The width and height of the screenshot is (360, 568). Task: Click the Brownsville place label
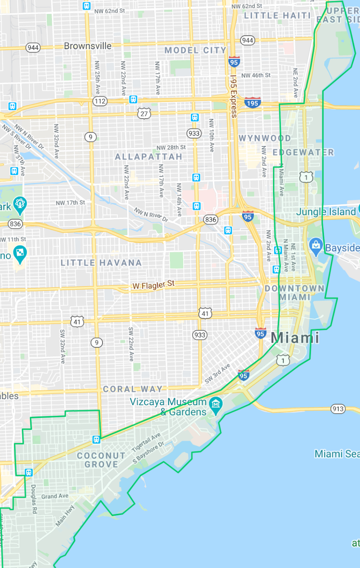(88, 46)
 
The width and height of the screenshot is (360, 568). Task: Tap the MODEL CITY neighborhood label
(195, 51)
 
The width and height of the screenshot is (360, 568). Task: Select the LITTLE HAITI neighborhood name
(277, 16)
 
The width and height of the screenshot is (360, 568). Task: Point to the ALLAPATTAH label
(149, 157)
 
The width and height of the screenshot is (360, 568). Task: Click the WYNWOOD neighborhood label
(265, 138)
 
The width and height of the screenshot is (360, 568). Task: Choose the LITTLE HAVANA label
(101, 263)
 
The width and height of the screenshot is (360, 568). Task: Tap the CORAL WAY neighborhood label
(133, 389)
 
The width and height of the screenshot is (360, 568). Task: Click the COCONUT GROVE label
(101, 460)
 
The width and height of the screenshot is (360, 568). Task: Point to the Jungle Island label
(326, 212)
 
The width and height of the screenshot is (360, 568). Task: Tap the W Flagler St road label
(153, 285)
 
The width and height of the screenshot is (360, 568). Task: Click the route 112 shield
(100, 101)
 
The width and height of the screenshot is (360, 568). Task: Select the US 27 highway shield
(144, 114)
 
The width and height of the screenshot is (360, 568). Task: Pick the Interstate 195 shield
(252, 103)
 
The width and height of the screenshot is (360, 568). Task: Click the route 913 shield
(338, 409)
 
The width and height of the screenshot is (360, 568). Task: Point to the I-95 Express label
(233, 96)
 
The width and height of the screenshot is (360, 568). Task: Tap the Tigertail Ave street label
(146, 442)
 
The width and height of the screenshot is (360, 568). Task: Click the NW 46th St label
(256, 75)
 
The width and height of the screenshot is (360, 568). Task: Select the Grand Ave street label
(55, 496)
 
